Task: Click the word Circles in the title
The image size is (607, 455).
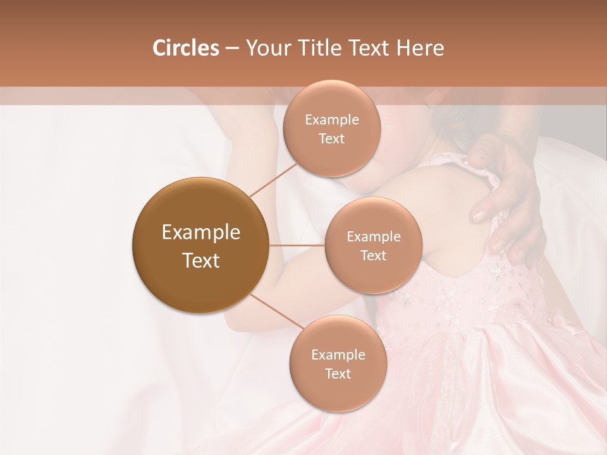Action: [185, 48]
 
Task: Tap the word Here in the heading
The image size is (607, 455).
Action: [420, 48]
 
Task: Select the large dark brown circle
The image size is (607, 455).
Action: [200, 245]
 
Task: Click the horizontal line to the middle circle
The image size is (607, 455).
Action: [297, 245]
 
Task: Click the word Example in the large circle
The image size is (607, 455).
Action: [200, 233]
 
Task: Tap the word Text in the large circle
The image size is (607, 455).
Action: [200, 260]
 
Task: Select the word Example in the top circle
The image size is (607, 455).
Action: [331, 120]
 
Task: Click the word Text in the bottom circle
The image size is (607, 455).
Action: [338, 373]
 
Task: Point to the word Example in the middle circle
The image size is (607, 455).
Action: [373, 237]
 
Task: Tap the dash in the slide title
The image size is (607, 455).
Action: [231, 48]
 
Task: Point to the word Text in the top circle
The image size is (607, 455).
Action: [331, 139]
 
